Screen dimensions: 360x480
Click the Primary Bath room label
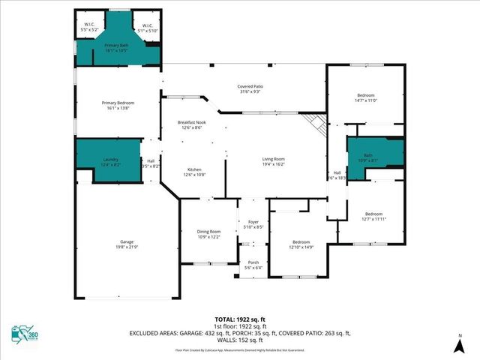(x=115, y=48)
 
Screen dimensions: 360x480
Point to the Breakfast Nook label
(x=192, y=125)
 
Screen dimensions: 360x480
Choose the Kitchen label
(x=194, y=171)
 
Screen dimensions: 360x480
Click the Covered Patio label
(x=250, y=89)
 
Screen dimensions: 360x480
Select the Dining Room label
(x=208, y=234)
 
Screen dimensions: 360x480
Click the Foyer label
(x=253, y=223)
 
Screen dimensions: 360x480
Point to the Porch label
(x=253, y=265)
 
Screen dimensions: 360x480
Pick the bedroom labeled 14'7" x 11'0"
(x=365, y=97)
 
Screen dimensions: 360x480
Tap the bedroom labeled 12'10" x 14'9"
(x=301, y=244)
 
